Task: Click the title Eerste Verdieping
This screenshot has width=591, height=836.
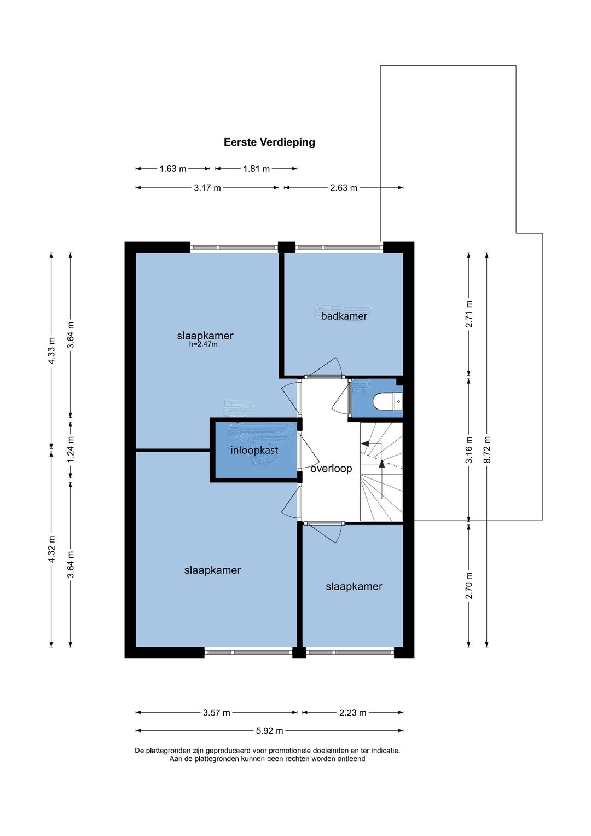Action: (269, 142)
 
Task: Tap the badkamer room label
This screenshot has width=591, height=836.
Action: (344, 316)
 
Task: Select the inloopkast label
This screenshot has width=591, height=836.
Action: (254, 451)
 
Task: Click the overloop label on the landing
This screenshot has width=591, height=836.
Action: (331, 469)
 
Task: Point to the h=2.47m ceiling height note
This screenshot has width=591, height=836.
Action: (204, 344)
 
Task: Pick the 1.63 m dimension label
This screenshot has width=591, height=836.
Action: (173, 169)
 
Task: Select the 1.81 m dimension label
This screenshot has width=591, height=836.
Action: (256, 169)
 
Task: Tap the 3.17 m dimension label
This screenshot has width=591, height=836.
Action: (207, 188)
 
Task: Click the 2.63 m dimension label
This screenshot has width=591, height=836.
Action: (344, 188)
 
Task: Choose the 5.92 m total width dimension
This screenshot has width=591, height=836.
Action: (269, 730)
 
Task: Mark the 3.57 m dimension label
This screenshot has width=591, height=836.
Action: (216, 712)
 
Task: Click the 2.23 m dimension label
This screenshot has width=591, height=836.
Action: (352, 712)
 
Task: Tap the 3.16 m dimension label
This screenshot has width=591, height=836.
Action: (469, 449)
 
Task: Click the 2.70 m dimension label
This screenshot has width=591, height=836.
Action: (469, 586)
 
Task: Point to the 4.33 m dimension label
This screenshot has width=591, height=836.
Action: (52, 350)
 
